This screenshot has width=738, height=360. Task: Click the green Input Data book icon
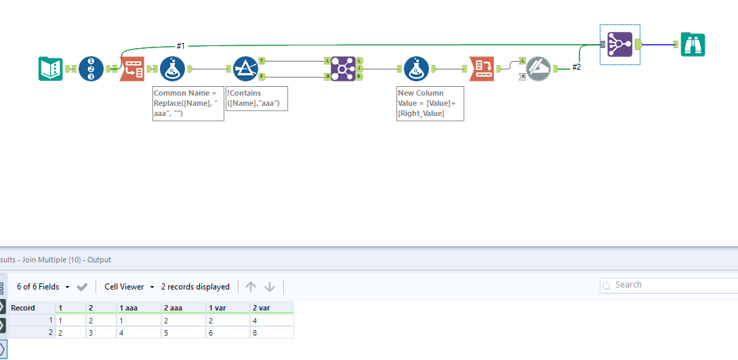point(51,68)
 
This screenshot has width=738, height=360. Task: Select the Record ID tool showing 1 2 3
point(91,68)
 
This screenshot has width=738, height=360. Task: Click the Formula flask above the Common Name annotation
point(172,68)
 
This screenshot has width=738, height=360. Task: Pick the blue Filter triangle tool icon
point(245,68)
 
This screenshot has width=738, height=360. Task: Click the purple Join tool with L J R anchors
point(344,68)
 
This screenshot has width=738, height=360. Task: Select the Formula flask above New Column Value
point(416,68)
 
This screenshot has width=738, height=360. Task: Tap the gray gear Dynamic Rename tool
point(539,68)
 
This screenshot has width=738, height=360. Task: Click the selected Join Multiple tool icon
point(619,45)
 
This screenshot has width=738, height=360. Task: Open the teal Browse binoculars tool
point(693,45)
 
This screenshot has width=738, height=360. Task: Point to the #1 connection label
point(181,45)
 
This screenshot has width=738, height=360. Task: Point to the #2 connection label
point(576,67)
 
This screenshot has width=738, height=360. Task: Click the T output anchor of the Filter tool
point(262,60)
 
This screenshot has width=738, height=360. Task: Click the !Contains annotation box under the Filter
point(257,98)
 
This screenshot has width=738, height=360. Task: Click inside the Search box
point(671,285)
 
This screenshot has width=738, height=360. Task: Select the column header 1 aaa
point(138,308)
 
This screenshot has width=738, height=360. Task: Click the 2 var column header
point(271,308)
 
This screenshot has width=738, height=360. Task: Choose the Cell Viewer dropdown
point(129,287)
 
